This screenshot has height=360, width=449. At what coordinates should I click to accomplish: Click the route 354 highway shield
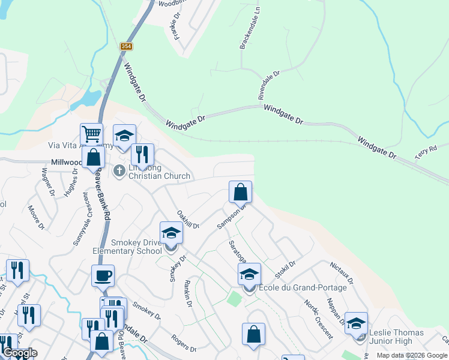(125, 46)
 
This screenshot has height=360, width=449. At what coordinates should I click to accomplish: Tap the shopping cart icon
(91, 134)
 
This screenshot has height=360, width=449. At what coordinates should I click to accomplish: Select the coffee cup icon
(103, 275)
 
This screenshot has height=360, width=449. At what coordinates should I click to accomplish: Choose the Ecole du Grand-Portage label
(307, 288)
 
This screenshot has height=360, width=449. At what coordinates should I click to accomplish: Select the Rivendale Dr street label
(269, 85)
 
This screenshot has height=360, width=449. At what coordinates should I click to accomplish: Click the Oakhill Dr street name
(188, 219)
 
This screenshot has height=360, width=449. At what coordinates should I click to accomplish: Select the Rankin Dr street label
(188, 294)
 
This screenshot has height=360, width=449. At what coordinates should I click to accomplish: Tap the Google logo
(20, 353)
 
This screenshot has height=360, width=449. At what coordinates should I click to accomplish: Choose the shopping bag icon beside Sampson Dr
(240, 192)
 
